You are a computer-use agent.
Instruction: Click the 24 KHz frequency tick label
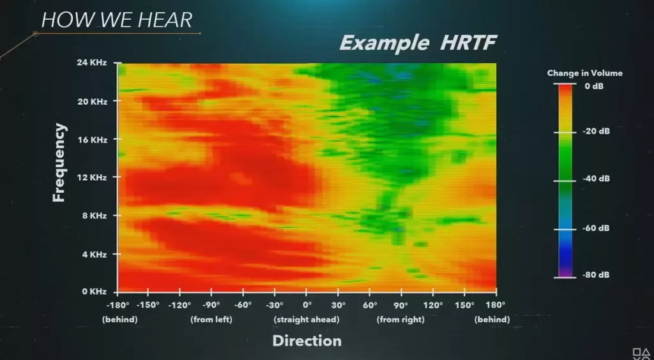coord(92,63)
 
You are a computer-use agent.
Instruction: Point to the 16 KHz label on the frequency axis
coord(92,140)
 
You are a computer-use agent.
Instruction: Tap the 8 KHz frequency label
coord(94,216)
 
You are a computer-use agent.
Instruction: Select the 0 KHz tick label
coord(94,292)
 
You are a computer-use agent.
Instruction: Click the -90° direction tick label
coord(211,304)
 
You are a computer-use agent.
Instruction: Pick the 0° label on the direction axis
coord(307,304)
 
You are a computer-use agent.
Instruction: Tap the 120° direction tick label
coord(433,304)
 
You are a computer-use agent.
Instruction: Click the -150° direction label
coord(148,304)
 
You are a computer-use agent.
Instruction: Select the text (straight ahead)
coord(307,320)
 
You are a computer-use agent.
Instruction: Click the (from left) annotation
coord(211,320)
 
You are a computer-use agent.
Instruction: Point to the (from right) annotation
coord(400,320)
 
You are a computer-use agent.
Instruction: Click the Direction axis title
coord(307,340)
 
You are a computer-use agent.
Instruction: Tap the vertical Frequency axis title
coord(59,163)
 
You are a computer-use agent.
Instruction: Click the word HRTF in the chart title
coord(468,43)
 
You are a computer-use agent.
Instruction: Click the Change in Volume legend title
coord(585,73)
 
